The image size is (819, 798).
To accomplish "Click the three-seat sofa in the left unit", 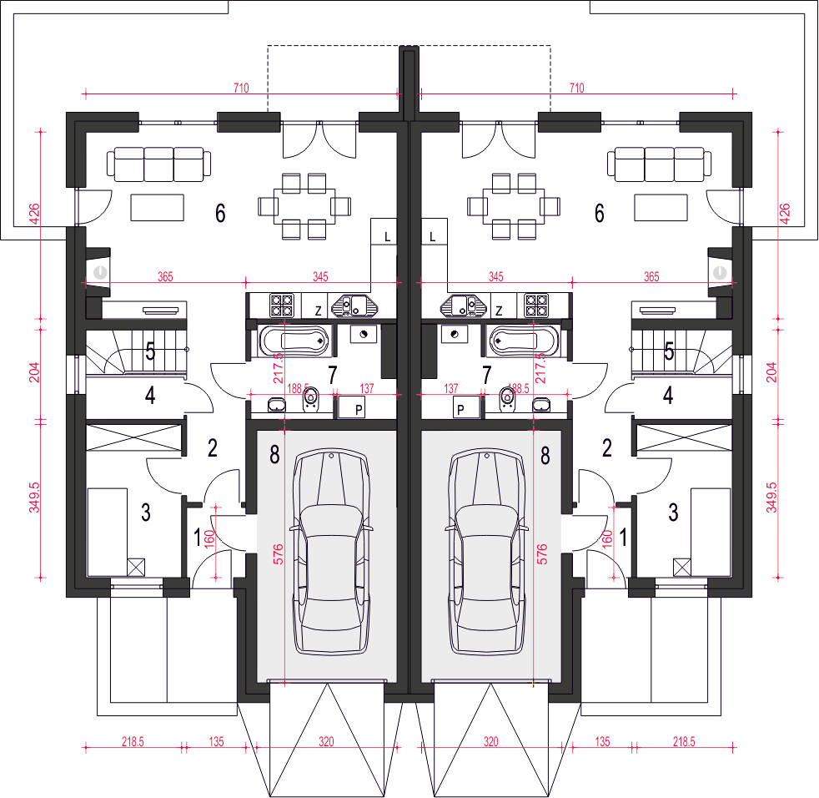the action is point(159,164).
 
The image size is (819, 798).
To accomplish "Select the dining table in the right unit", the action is point(514,206).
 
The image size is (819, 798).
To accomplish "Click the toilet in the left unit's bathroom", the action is point(311,398).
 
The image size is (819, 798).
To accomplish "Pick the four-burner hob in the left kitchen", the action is point(282,306).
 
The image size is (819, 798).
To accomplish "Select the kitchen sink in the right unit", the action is point(464,306).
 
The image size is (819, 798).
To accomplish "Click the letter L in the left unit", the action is point(387,237).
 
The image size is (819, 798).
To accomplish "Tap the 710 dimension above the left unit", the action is point(241,88).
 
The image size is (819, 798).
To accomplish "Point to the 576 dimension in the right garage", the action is point(541,553).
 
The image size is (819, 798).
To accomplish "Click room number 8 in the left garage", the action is point(274,455).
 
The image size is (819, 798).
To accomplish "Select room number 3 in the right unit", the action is point(673,513).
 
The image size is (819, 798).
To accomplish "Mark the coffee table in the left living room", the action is point(158,208).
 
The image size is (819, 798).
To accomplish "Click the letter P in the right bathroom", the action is point(460,410).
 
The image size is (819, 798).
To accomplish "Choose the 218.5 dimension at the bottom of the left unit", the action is point(133,741).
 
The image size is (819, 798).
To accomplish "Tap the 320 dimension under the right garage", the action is point(491,741).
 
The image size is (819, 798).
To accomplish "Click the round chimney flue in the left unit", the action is point(100,272).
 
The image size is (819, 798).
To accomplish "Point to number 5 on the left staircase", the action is point(150,351).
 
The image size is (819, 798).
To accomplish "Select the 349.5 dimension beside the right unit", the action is point(771,497).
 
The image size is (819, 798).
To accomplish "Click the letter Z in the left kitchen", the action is point(318,311).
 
